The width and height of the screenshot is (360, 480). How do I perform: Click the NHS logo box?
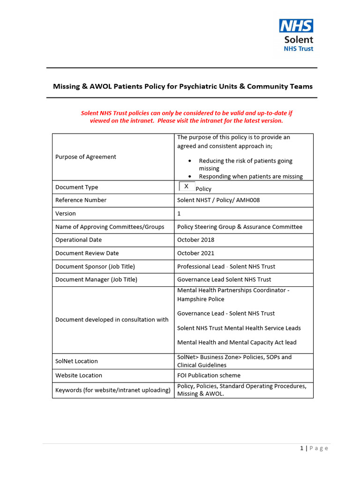(x=296, y=25)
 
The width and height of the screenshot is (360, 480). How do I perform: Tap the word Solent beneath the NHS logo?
(x=299, y=40)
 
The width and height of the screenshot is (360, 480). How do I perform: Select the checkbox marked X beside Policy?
(x=187, y=186)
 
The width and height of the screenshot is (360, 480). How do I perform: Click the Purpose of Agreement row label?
(x=86, y=157)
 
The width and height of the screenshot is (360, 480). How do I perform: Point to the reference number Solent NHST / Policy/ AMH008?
(x=218, y=200)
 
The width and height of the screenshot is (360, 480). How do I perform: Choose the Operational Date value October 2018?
(x=195, y=240)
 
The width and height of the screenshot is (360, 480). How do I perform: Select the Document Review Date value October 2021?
(x=195, y=253)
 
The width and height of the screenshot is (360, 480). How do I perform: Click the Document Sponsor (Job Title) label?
(x=95, y=266)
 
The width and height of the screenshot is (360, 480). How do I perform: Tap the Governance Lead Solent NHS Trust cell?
(x=224, y=279)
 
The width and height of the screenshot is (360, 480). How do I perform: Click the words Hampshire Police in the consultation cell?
(x=201, y=299)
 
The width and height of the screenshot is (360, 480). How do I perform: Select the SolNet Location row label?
(x=76, y=361)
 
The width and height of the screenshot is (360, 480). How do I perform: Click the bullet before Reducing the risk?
(x=189, y=161)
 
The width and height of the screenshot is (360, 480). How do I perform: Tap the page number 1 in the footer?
(x=302, y=448)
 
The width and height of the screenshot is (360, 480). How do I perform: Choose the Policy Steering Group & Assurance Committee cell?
(x=240, y=227)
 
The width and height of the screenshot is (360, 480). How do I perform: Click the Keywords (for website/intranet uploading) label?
(x=112, y=390)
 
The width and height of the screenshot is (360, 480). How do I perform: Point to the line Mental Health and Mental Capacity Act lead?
(x=237, y=343)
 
